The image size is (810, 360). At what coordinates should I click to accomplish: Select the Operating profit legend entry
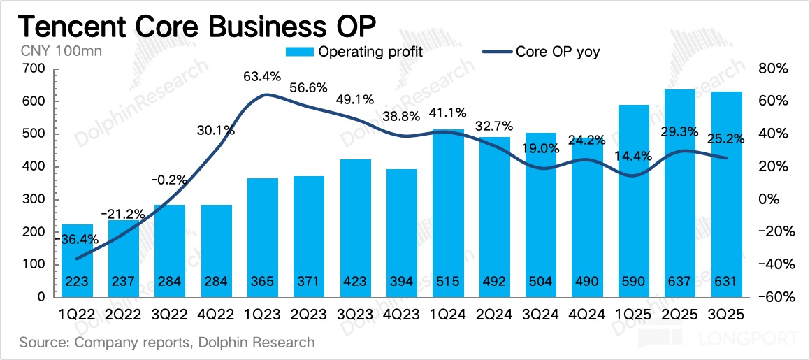(x=356, y=51)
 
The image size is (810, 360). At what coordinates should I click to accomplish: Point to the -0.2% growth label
(x=168, y=181)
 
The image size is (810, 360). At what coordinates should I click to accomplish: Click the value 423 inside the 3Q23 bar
(x=355, y=281)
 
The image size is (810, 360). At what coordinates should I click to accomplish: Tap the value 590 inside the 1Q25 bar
(x=633, y=281)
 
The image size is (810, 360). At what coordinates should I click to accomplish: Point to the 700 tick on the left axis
(x=34, y=69)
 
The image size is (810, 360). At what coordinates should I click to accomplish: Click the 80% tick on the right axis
(x=772, y=69)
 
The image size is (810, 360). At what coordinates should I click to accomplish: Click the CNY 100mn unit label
(x=50, y=51)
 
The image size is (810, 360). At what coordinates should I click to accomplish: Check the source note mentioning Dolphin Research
(x=167, y=343)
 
